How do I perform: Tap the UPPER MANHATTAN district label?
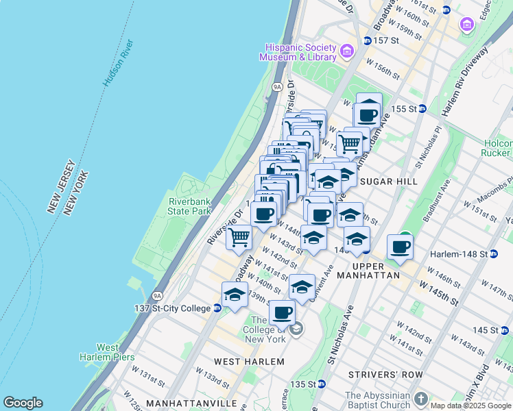coord(376,270)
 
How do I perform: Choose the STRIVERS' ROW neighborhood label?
coord(380,375)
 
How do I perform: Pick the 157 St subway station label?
coord(386,40)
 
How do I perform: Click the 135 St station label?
coord(307,384)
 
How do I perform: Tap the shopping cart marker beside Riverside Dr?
coord(239,238)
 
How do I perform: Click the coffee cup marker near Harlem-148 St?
coord(400,247)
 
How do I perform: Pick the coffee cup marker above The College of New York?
coord(282,312)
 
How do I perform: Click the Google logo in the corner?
coord(23,403)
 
